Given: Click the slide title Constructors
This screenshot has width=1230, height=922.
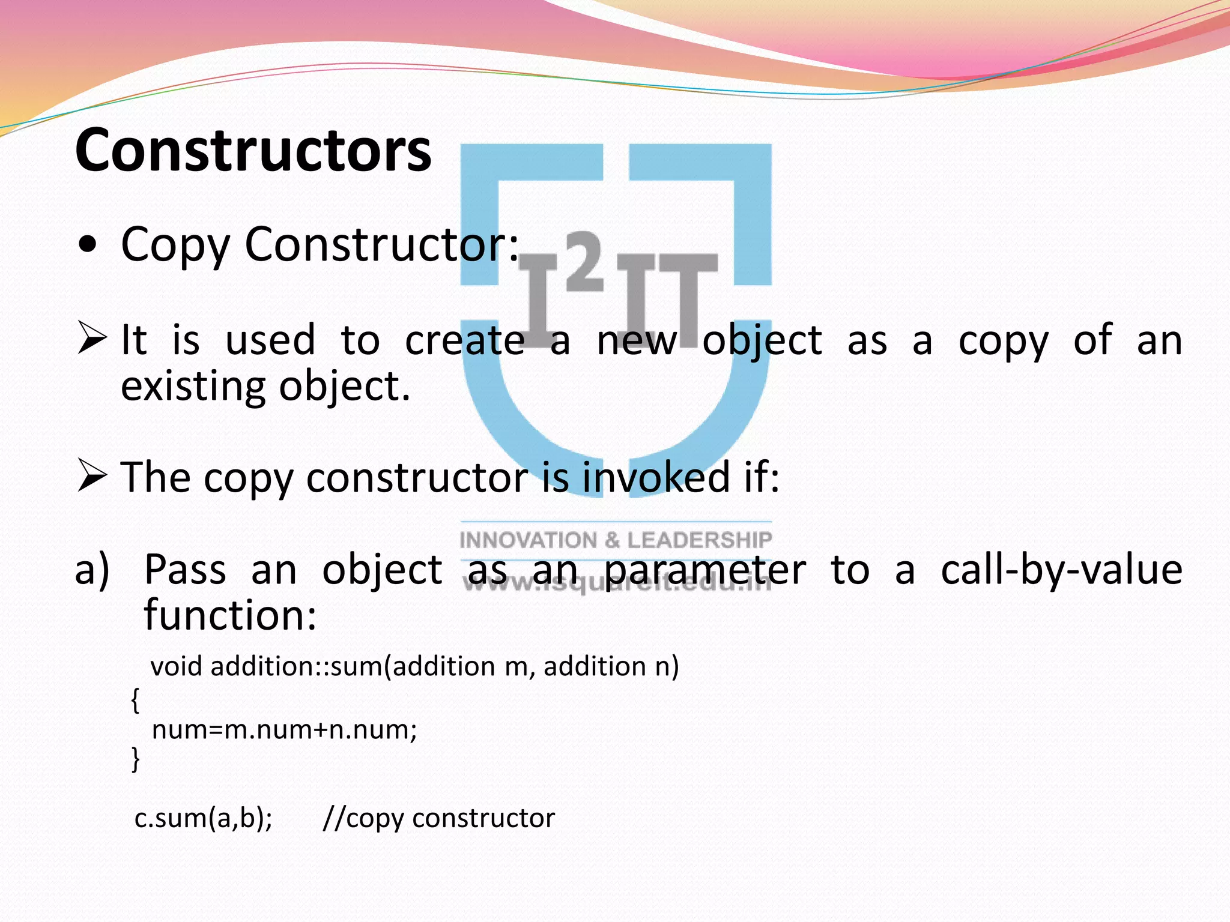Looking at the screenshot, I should click(253, 150).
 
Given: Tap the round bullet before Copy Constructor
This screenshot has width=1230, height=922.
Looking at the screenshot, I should click(88, 246).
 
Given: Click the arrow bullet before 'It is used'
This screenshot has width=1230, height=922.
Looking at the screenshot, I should click(92, 337).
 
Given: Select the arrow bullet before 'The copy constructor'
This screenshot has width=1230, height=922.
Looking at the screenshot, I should click(92, 477).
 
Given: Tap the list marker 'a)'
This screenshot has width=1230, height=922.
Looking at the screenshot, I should click(92, 570).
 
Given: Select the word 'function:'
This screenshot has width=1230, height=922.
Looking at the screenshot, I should click(230, 616).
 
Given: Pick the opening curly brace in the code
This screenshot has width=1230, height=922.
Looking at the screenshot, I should click(135, 700).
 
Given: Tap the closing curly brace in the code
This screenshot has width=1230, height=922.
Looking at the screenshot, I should click(135, 759).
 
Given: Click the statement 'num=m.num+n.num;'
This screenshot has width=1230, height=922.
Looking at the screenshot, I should click(284, 730).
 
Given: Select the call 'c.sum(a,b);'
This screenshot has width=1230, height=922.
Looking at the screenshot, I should click(203, 818).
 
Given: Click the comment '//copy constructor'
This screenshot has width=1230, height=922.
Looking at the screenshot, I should click(438, 818).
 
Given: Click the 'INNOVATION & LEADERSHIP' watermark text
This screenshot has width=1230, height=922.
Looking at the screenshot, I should click(616, 540).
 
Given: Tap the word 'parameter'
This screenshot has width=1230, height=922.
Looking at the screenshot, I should click(704, 570).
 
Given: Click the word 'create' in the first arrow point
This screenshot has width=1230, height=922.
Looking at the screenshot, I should click(464, 340).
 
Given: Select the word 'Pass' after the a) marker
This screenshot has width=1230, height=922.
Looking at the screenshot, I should click(185, 570).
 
